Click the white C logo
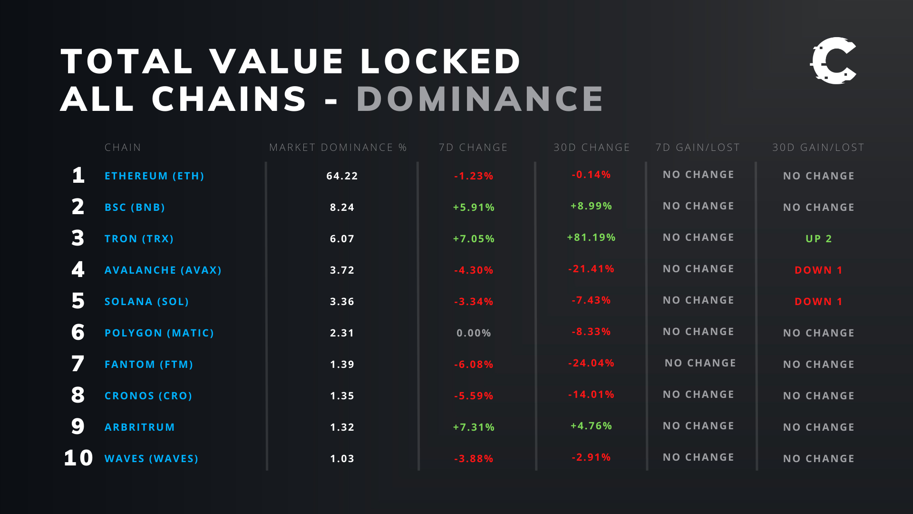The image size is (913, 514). [833, 61]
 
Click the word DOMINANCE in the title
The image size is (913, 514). [480, 99]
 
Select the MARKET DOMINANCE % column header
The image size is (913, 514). [338, 148]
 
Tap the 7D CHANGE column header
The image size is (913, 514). [473, 148]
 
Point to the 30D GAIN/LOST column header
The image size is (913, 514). [818, 148]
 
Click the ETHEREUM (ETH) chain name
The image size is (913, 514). [154, 176]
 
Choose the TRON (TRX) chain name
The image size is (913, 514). [139, 239]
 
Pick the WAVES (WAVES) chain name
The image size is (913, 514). [151, 459]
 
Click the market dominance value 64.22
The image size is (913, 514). [342, 176]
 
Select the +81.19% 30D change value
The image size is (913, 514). [591, 237]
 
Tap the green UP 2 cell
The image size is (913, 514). [818, 239]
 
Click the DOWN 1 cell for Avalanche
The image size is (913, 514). [818, 270]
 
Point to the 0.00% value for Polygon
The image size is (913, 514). [474, 333]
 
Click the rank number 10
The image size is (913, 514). [78, 458]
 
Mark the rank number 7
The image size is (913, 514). [78, 364]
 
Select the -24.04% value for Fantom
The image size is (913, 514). [591, 363]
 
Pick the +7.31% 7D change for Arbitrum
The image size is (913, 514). [474, 427]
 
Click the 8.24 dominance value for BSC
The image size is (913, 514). [342, 208]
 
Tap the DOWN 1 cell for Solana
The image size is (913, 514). [818, 302]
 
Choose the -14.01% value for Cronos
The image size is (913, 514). [591, 395]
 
